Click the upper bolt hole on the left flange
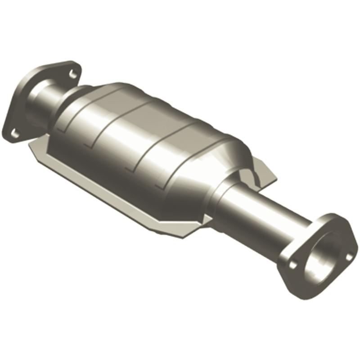73,72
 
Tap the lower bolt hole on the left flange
15,132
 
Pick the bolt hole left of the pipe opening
293,265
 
